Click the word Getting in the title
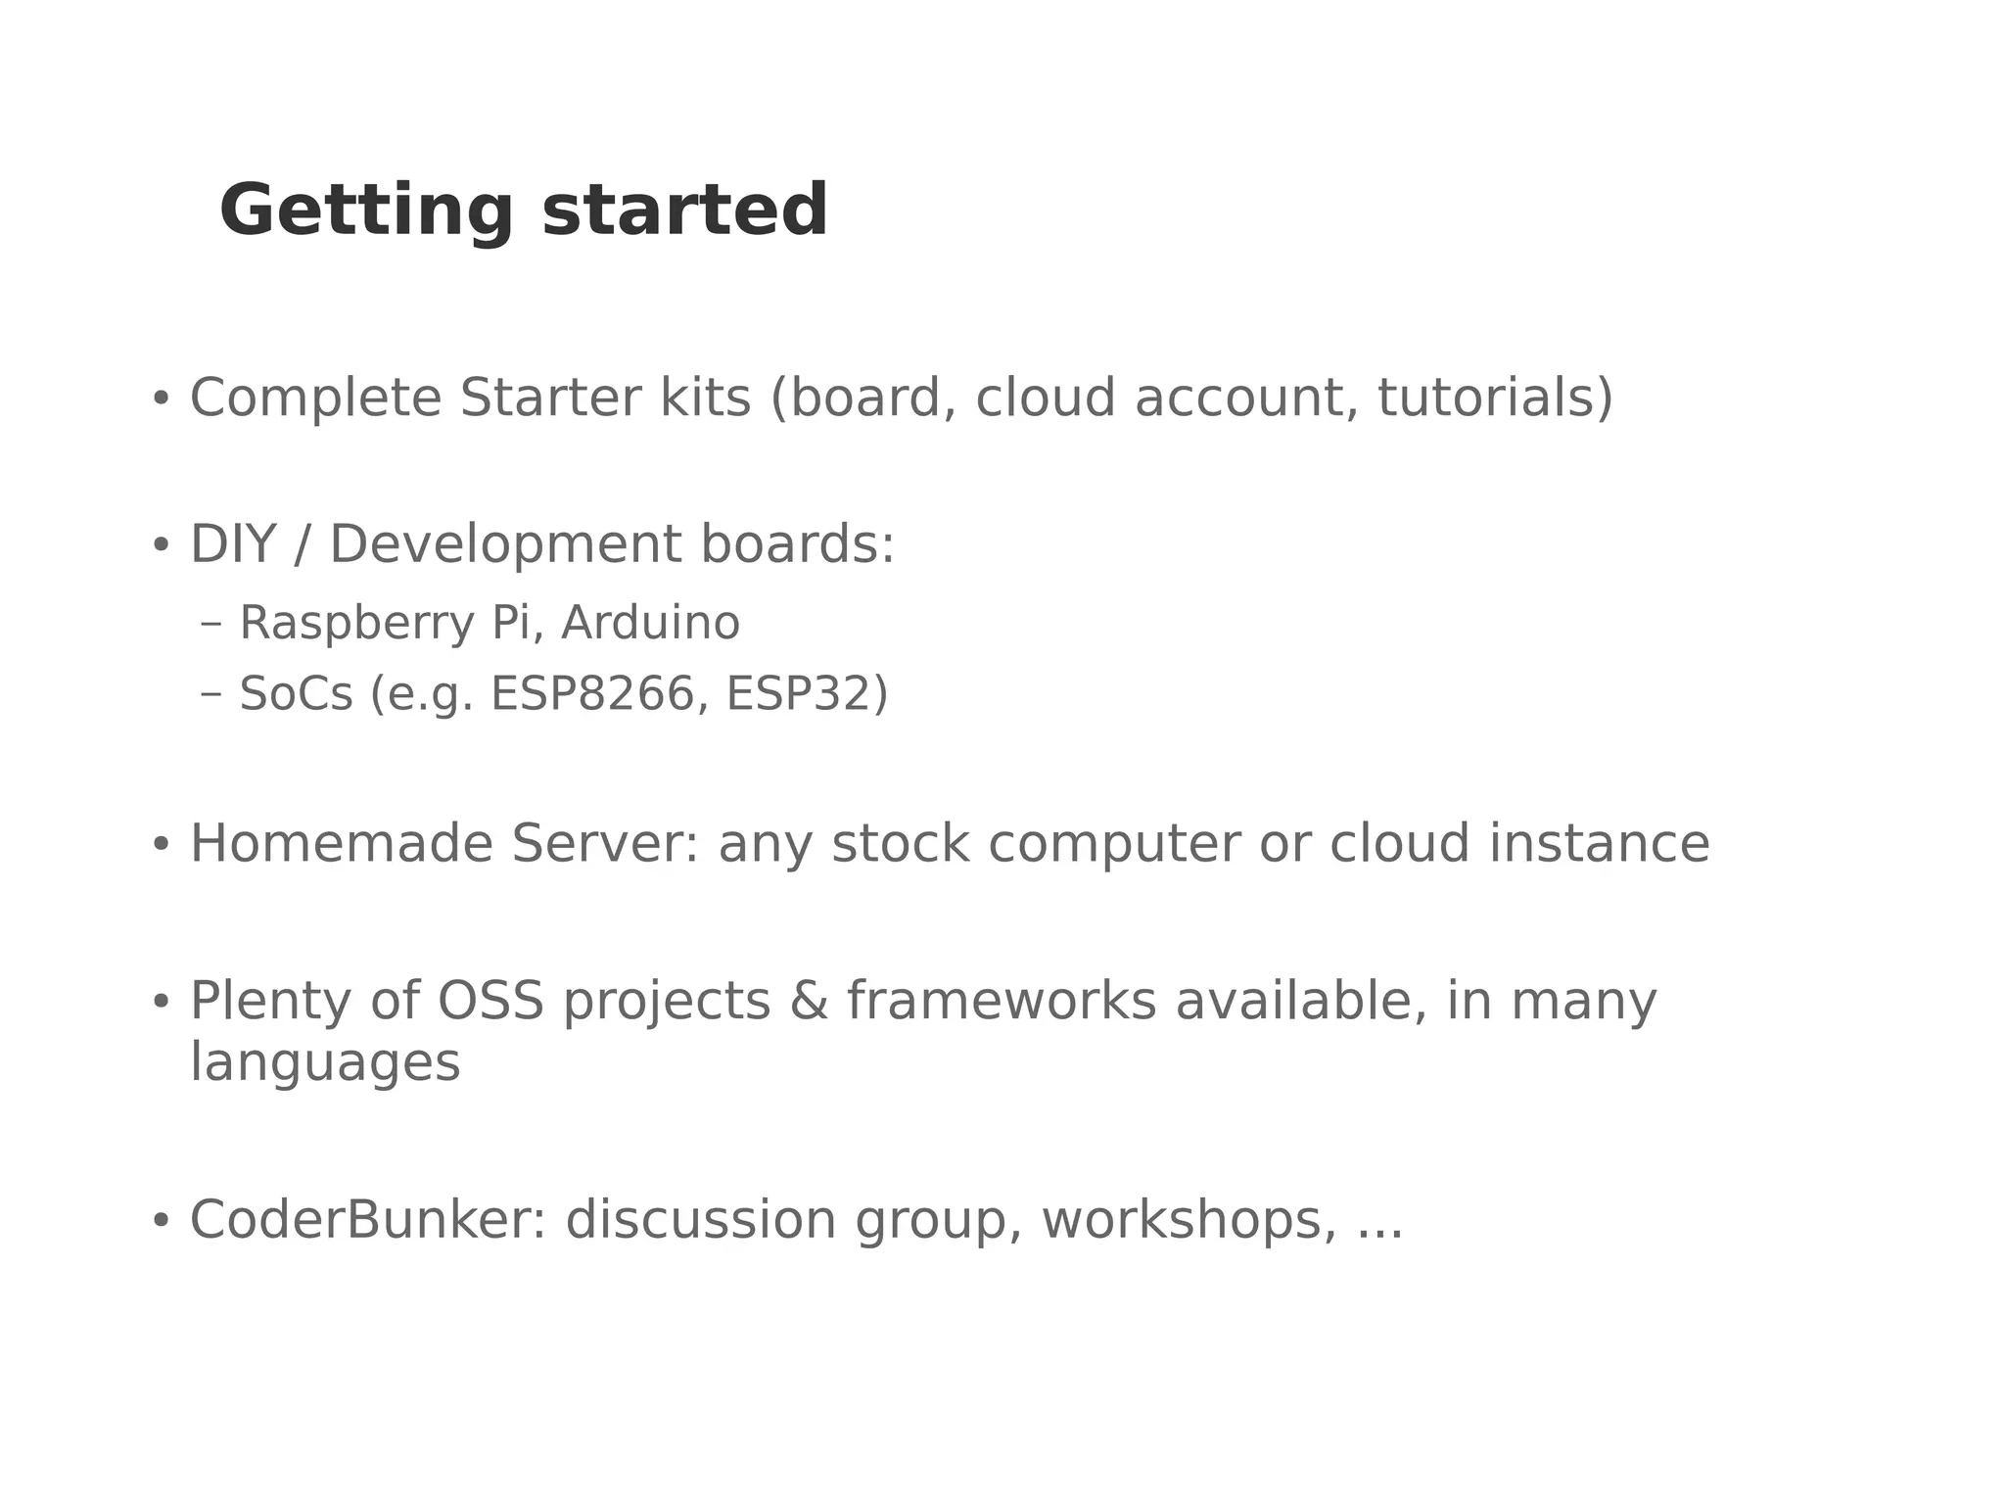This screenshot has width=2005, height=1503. (x=365, y=212)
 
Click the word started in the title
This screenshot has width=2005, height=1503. (x=684, y=212)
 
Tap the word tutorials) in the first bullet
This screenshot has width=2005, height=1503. (x=1495, y=399)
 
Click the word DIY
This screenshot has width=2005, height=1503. (x=232, y=544)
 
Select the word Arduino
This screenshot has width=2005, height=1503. (x=650, y=623)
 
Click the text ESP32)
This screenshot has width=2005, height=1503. (x=807, y=694)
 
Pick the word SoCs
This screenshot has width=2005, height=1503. (x=296, y=694)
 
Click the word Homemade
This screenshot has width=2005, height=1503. (x=341, y=844)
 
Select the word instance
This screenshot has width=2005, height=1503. (x=1599, y=844)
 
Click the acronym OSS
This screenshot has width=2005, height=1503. (x=490, y=1002)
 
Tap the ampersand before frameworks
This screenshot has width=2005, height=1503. (x=809, y=1002)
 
